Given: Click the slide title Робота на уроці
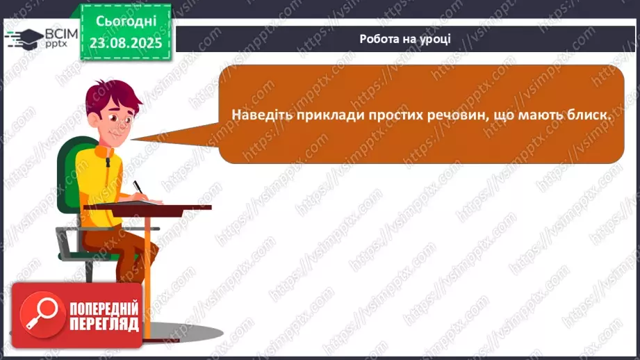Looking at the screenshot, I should tap(404, 39).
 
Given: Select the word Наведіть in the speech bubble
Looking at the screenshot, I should tap(262, 115).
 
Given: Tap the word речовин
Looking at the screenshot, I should tap(452, 115).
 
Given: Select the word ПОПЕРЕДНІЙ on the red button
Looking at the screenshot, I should tap(104, 309).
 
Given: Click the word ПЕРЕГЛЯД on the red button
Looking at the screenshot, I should tap(104, 325).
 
